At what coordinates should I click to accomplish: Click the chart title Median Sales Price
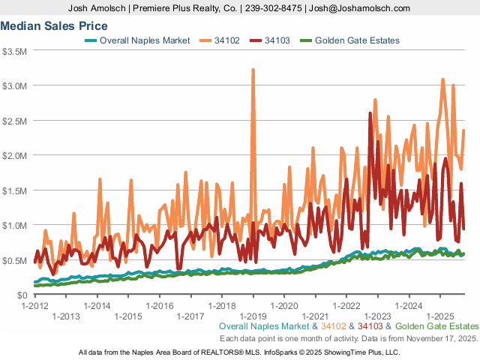(x=54, y=25)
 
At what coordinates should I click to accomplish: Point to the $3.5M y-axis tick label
(x=15, y=51)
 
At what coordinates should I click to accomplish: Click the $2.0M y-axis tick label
(x=15, y=155)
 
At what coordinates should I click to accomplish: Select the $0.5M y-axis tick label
(x=15, y=260)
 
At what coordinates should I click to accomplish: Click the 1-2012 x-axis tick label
(x=35, y=306)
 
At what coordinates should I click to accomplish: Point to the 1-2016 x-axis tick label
(x=160, y=306)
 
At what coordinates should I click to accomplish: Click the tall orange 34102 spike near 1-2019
(x=253, y=70)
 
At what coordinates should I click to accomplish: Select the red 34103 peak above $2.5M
(x=370, y=114)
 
